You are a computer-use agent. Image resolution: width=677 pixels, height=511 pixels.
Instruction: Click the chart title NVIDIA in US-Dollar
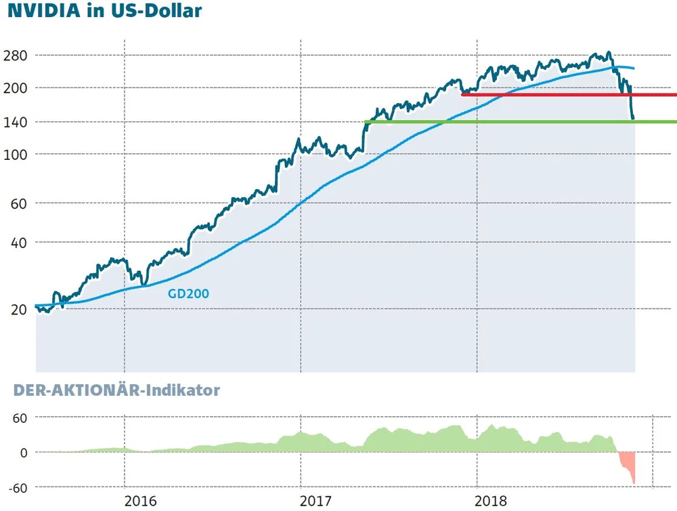point(105,12)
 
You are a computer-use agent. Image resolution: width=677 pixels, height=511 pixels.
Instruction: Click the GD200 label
point(188,294)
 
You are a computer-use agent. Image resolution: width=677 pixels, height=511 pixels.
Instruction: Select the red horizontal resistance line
point(569,95)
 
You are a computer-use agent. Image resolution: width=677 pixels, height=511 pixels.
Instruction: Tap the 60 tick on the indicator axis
point(19,417)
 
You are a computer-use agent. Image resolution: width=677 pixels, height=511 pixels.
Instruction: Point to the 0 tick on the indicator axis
point(23,452)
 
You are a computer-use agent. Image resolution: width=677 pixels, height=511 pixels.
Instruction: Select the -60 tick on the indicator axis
point(17,487)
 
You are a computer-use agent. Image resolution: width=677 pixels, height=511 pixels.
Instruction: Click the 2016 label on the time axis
point(141,502)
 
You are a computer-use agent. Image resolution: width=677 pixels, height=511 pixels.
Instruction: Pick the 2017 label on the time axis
point(316,502)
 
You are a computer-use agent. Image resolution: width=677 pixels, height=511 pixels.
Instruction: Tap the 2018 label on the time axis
point(492,502)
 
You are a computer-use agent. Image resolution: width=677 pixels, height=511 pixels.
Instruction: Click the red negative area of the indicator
point(628,464)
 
